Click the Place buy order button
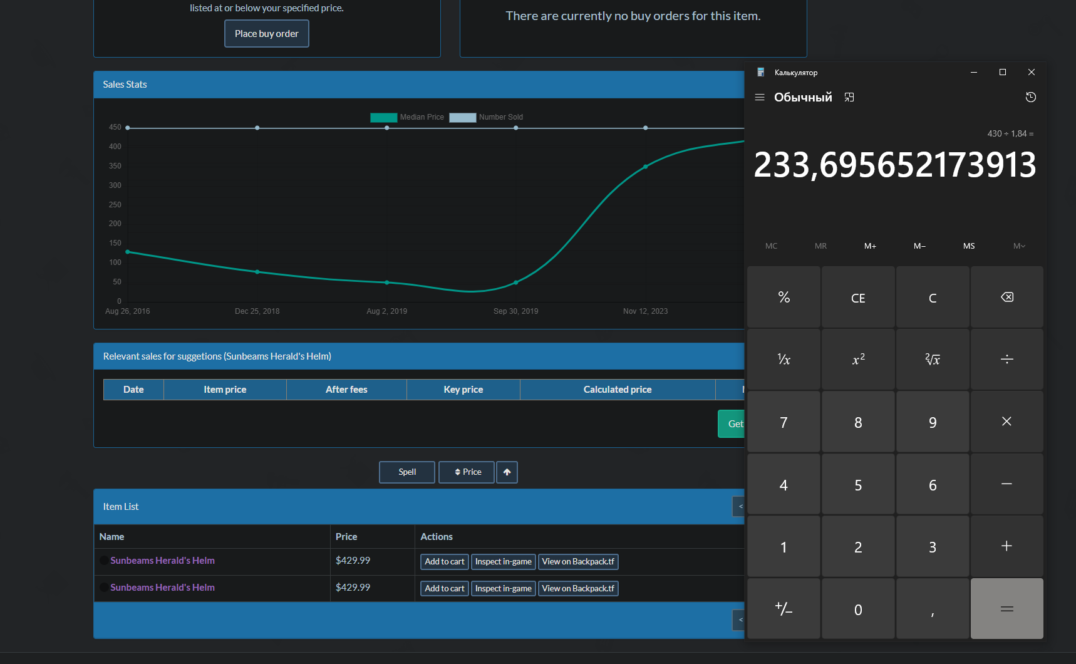267,34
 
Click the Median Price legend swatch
383,117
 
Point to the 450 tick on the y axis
115,127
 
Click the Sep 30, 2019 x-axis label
515,311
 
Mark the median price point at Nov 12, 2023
645,167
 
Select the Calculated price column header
618,390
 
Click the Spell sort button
407,472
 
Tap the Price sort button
467,472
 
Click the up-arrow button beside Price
507,472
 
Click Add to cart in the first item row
445,562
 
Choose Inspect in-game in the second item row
504,589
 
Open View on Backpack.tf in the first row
578,562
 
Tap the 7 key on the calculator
784,422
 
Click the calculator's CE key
858,298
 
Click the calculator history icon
1031,97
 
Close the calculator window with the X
1032,72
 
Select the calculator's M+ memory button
870,246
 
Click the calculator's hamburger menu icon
760,97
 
